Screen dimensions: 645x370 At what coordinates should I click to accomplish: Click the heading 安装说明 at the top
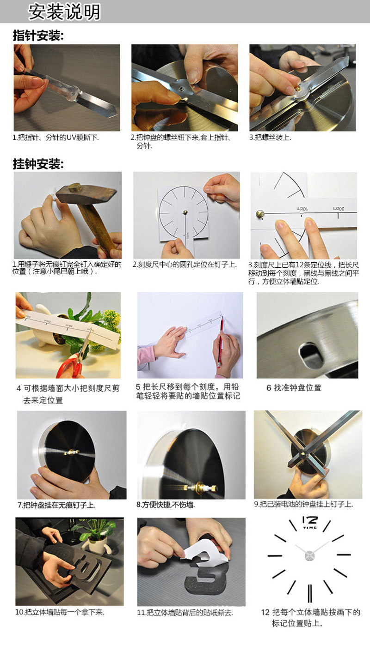[x=64, y=12]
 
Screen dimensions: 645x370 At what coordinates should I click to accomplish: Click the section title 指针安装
[x=38, y=36]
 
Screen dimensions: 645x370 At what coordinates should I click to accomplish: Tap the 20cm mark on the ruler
[x=343, y=209]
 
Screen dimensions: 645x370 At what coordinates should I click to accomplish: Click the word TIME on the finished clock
[x=309, y=528]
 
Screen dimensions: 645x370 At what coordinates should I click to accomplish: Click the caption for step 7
[x=56, y=505]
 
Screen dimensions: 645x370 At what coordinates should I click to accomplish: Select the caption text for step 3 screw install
[x=270, y=138]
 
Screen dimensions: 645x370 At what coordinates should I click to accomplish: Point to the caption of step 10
[x=60, y=613]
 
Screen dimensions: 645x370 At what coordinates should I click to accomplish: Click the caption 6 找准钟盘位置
[x=294, y=388]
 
